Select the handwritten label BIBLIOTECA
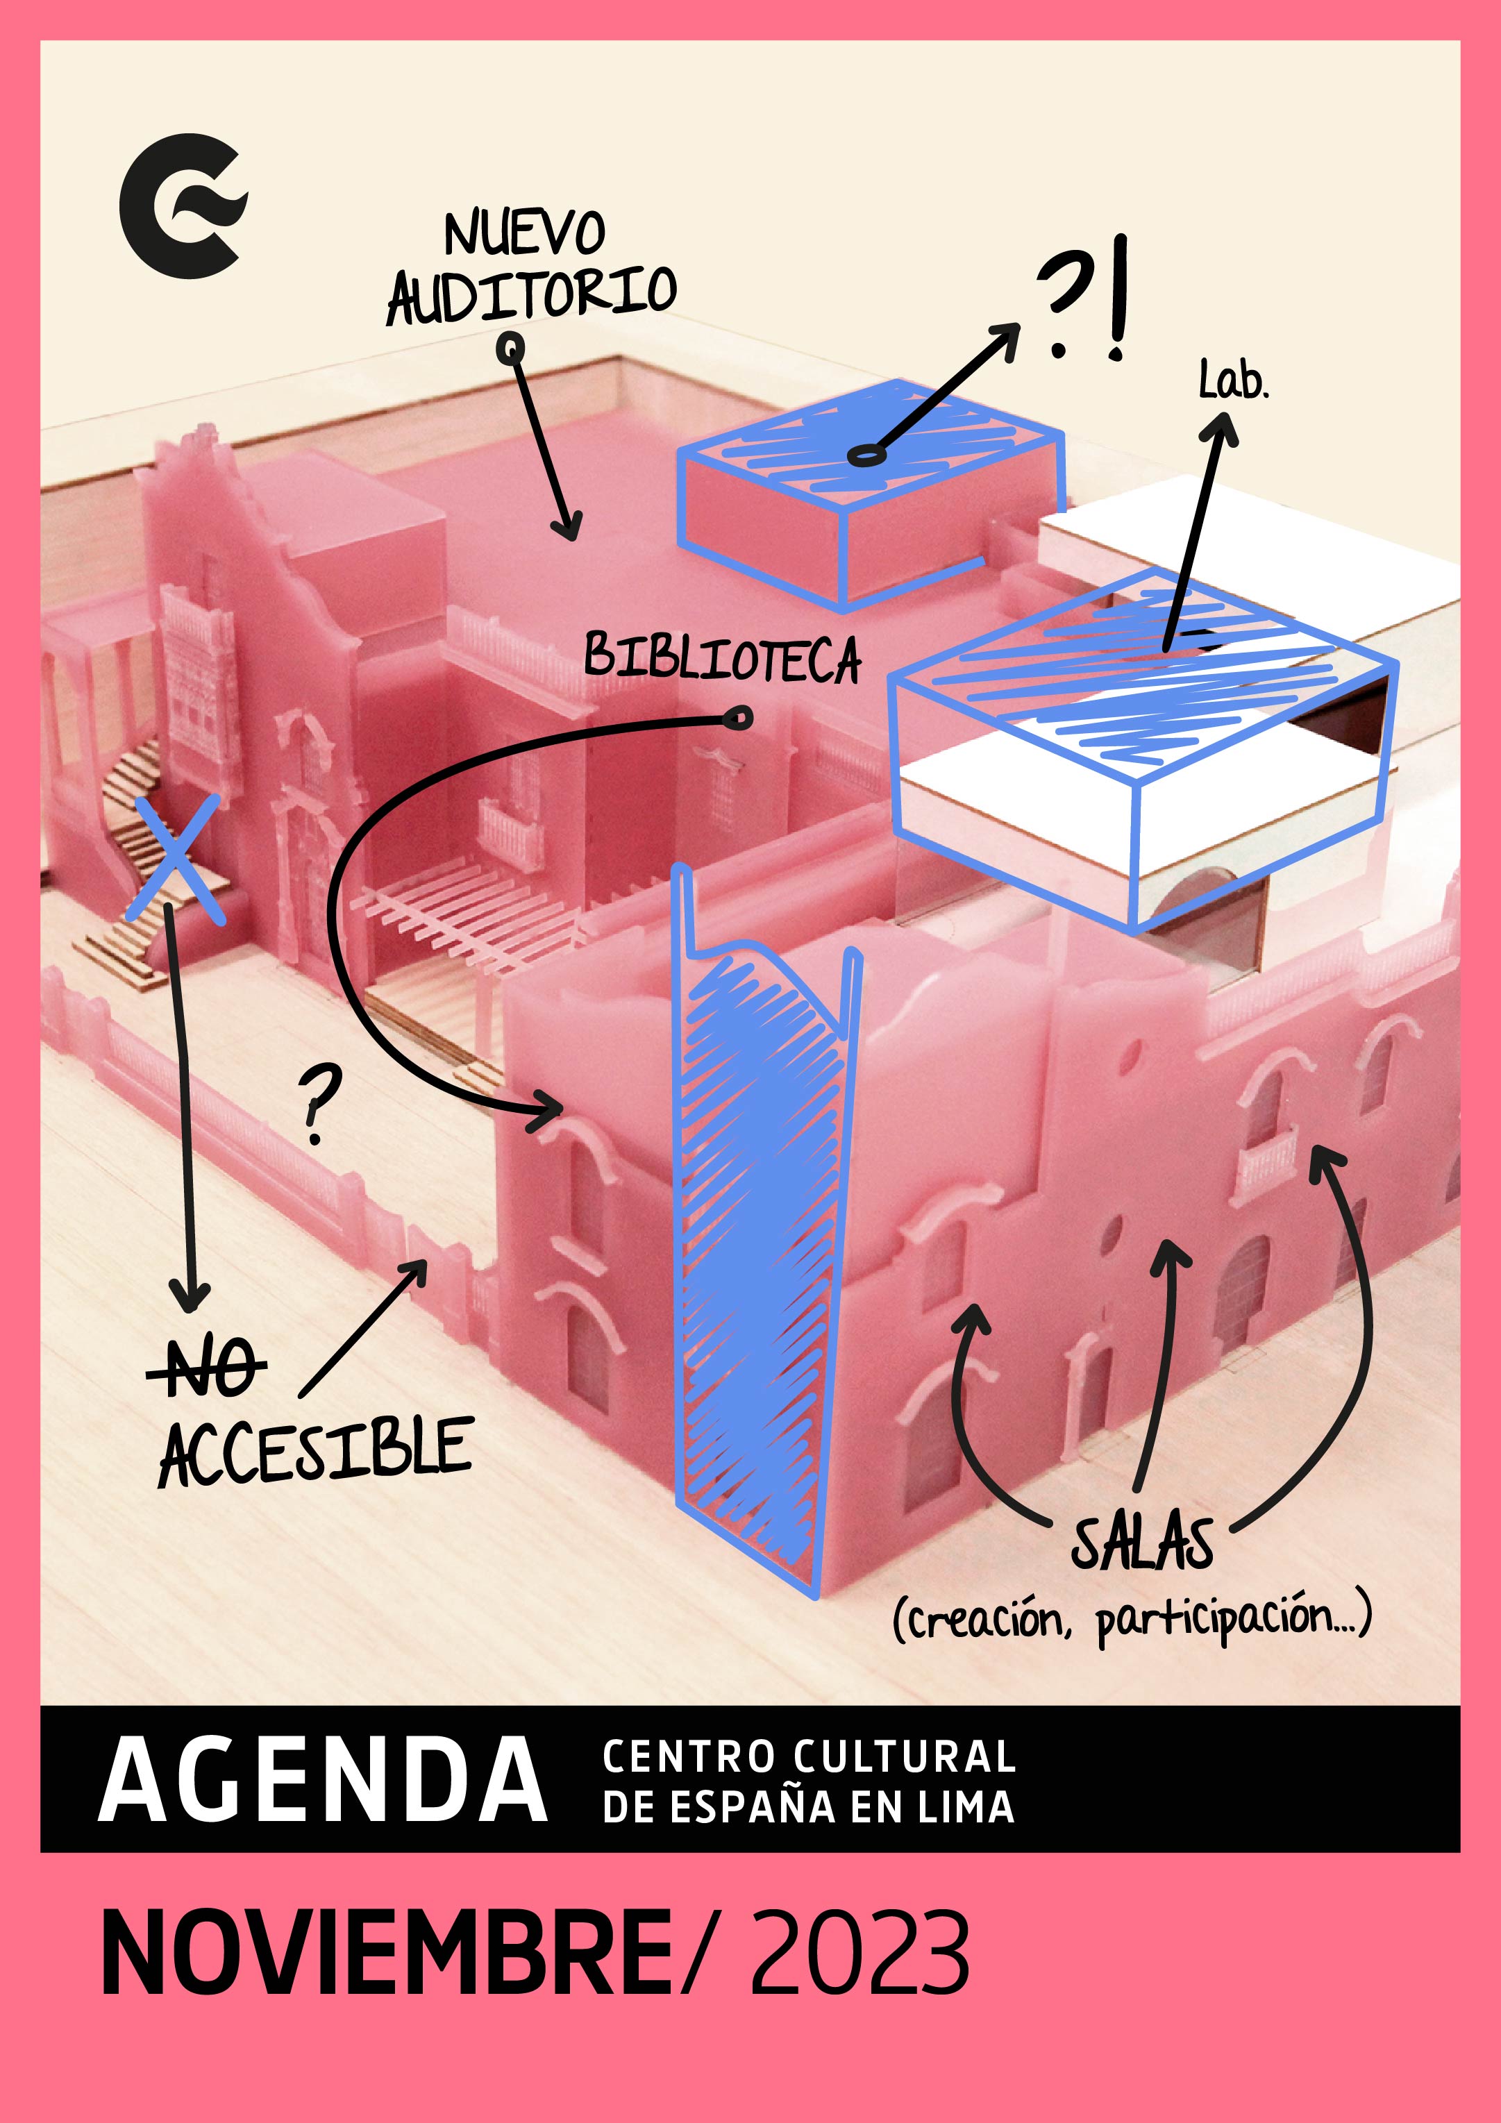722,657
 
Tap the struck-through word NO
206,1366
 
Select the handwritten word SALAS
1141,1543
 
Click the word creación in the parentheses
985,1620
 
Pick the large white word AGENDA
322,1781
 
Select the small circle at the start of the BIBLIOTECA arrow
738,719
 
